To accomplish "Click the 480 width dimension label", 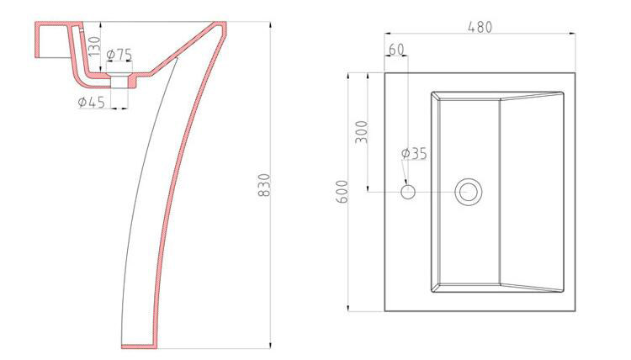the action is (480, 27).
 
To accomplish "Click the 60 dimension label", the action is (396, 49).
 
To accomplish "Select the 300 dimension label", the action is (362, 132).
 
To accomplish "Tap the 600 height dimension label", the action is (342, 192).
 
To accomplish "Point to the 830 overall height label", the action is (263, 185).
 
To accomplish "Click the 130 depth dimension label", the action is (93, 46).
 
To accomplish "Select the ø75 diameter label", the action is (119, 54).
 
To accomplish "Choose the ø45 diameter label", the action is (92, 102).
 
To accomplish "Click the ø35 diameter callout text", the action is (414, 153).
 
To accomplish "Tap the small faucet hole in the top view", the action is (408, 192).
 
